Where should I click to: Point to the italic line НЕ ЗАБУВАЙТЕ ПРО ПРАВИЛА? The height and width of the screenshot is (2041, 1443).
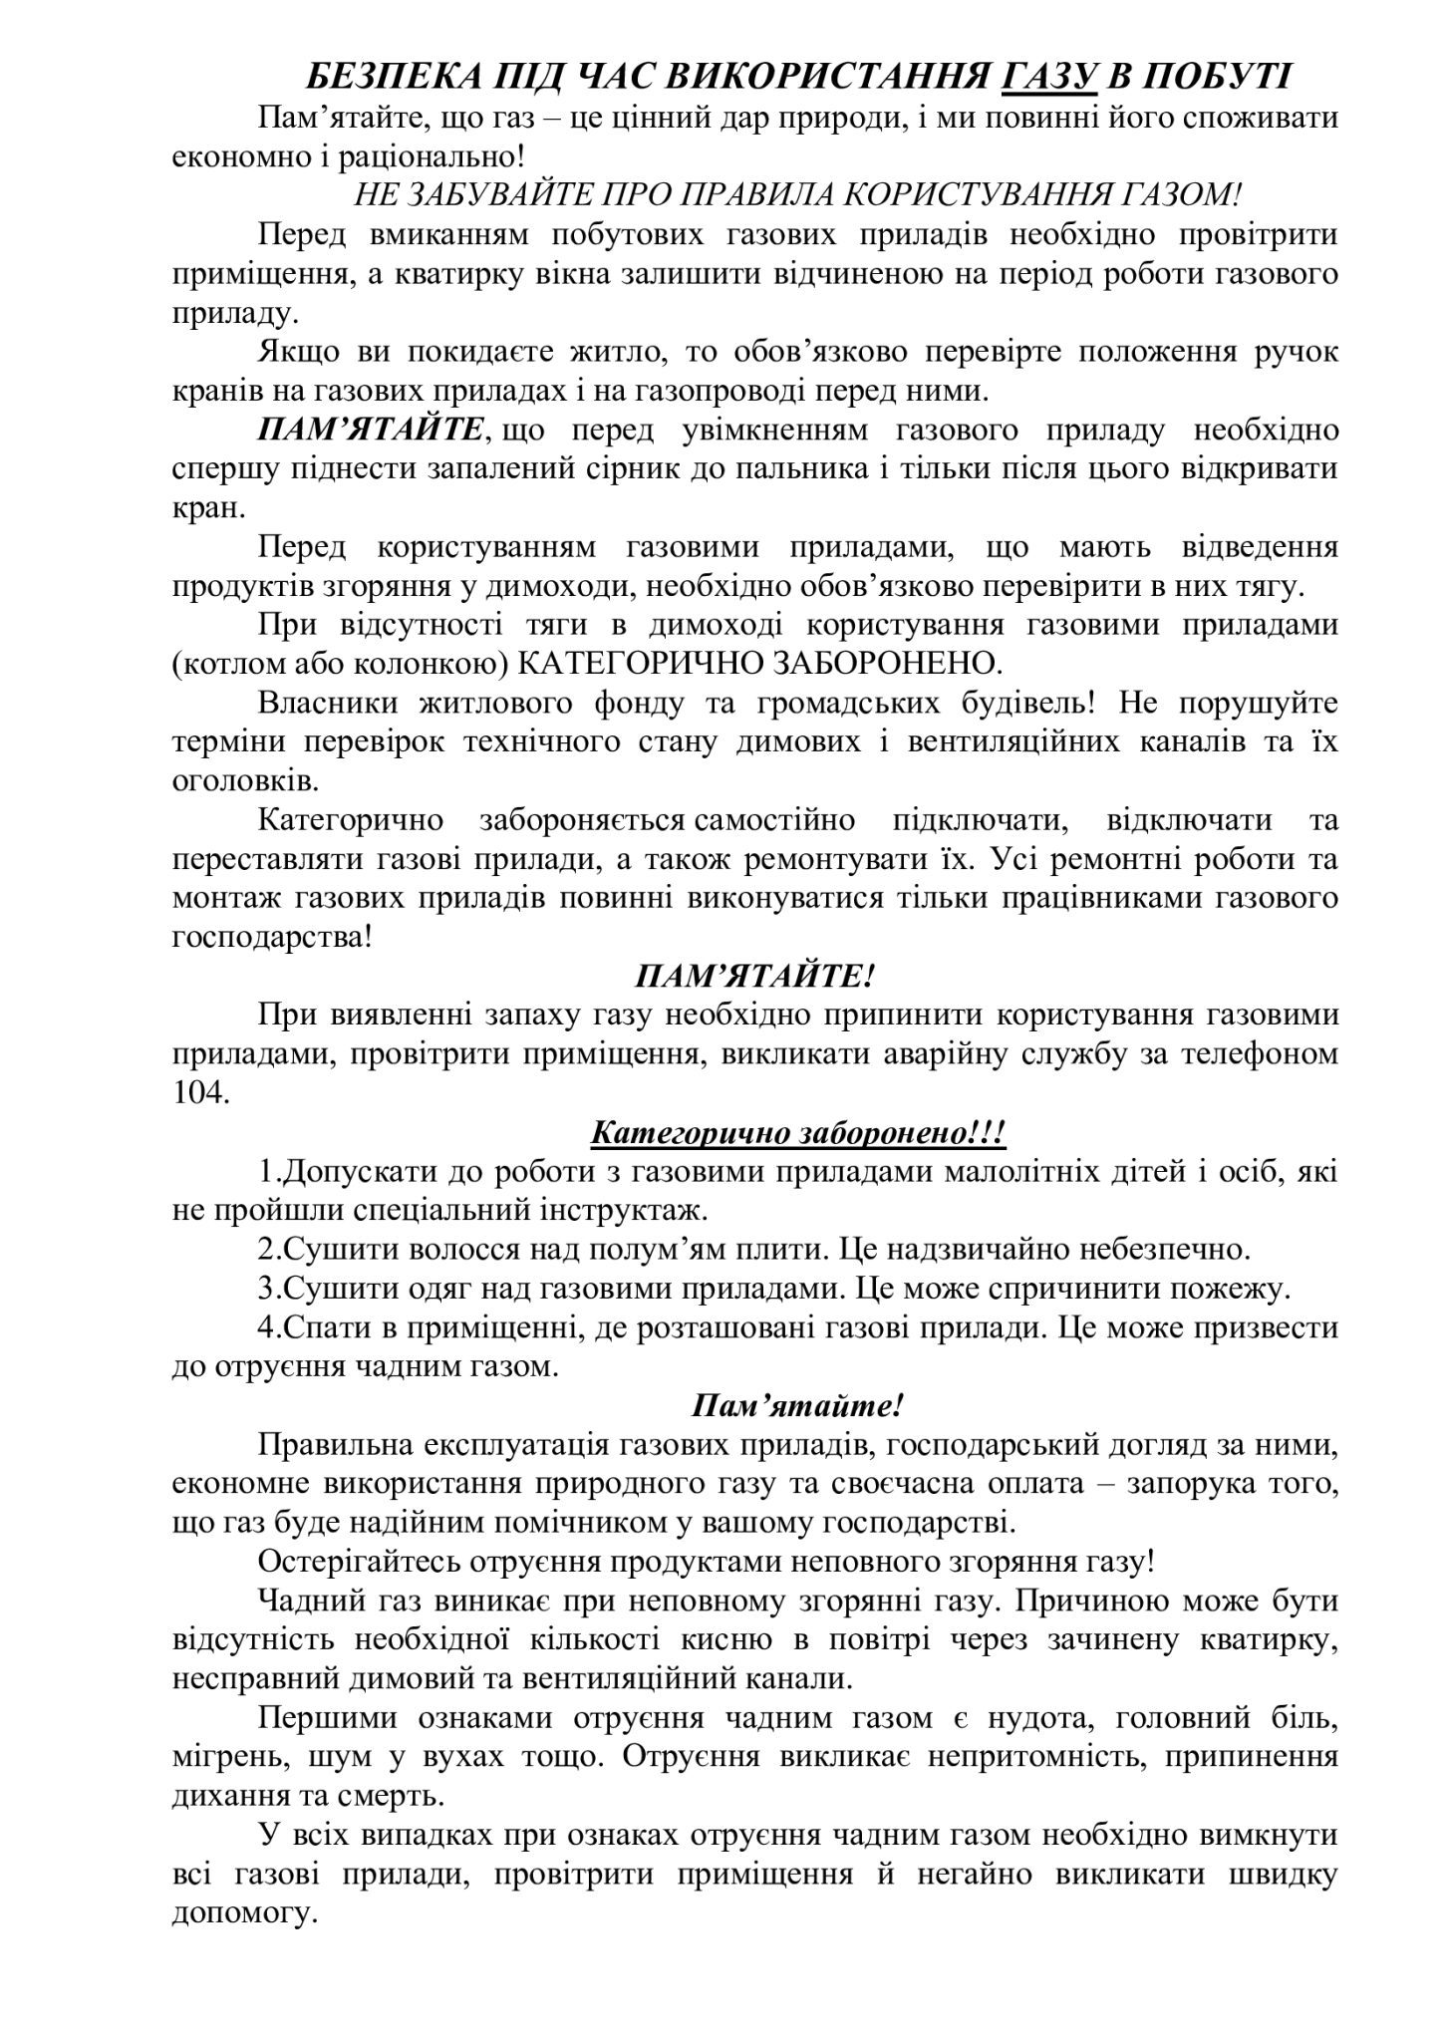(798, 194)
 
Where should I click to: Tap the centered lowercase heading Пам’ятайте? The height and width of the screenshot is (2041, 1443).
(797, 1405)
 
